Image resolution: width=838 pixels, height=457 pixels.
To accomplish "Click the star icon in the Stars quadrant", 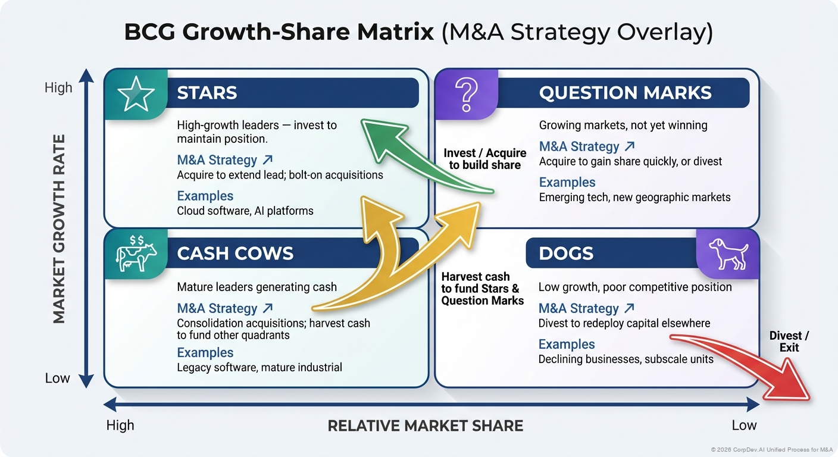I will tap(136, 94).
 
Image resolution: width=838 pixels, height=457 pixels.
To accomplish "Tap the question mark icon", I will tap(466, 93).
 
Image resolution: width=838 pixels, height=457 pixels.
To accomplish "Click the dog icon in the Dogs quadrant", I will tap(728, 253).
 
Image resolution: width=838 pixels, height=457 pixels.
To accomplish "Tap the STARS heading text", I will tap(207, 93).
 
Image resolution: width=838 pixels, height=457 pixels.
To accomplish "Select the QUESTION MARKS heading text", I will tap(625, 93).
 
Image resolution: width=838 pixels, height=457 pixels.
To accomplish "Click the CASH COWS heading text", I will tap(235, 253).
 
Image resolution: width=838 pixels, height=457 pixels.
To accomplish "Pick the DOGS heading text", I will tap(566, 253).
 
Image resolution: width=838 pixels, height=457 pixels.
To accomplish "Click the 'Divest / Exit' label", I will tap(789, 342).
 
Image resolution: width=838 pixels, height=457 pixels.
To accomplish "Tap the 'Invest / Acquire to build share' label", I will tap(485, 159).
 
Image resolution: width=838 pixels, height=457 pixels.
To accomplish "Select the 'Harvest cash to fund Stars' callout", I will tap(482, 289).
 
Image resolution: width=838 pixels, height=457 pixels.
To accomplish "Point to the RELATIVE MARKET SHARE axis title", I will tap(426, 426).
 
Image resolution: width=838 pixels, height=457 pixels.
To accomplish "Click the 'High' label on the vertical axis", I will tap(58, 88).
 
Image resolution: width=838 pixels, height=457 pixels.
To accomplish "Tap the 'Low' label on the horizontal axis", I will tap(744, 425).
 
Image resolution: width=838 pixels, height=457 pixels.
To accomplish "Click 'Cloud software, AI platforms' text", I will tap(245, 211).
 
